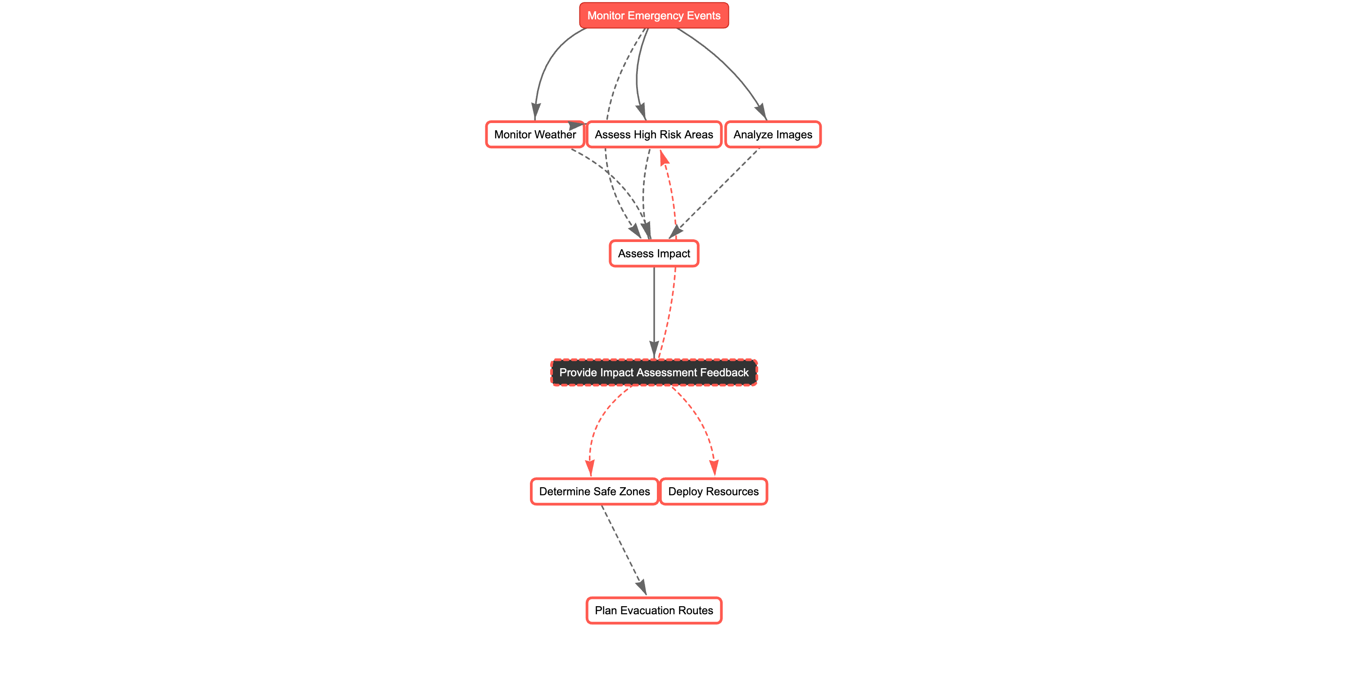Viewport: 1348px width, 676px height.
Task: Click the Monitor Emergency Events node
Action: [654, 16]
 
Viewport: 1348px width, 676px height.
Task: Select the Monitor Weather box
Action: [534, 135]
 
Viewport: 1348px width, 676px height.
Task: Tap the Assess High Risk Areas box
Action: [654, 135]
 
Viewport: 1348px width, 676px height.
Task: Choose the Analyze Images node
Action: [773, 135]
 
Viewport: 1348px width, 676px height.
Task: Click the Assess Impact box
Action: [654, 253]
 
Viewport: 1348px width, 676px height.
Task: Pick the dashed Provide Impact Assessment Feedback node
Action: [654, 372]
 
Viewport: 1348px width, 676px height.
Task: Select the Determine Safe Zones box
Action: [594, 491]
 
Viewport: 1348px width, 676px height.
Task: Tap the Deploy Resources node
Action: [713, 491]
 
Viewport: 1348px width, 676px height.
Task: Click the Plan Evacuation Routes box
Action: [654, 610]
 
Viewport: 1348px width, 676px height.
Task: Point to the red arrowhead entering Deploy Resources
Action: [714, 468]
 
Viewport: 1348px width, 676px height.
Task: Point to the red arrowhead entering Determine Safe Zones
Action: [590, 468]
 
